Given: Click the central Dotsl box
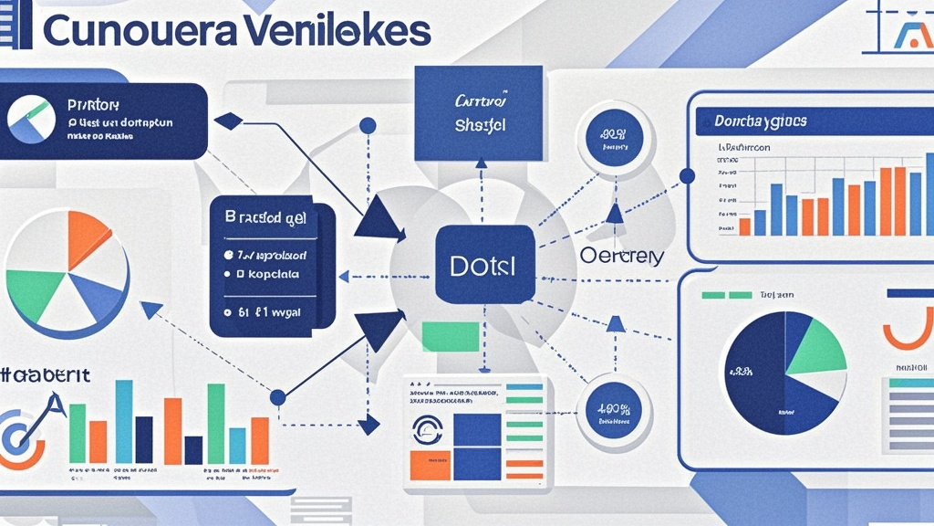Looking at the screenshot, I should pos(484,265).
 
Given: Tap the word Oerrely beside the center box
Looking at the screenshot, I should pos(621,257).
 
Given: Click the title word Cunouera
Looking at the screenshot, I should pos(140,30).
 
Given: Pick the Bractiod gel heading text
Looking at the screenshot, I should pos(265,219).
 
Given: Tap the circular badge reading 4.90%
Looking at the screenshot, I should pos(615,412).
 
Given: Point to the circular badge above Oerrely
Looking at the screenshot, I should pos(615,136).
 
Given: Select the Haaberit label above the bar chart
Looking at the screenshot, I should pos(44,375).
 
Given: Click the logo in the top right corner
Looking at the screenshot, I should pos(911,35).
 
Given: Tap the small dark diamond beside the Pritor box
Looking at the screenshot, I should pos(229,120).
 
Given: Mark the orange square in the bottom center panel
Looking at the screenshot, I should pos(430,464).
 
